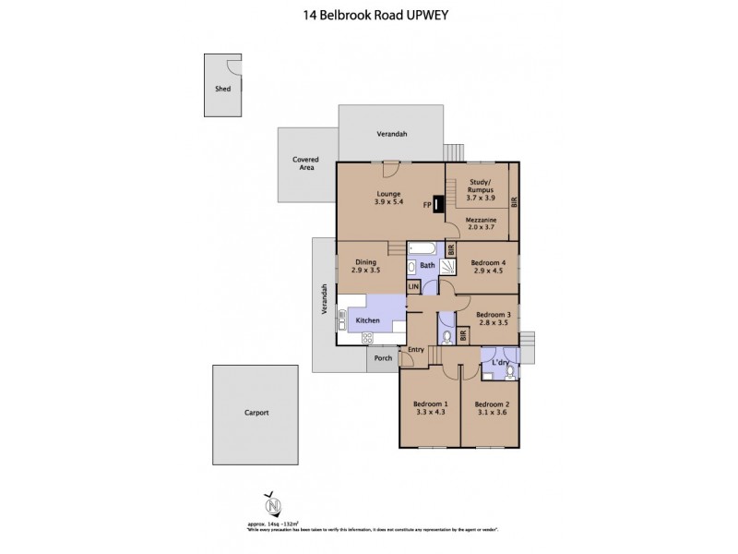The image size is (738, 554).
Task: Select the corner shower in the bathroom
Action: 447,267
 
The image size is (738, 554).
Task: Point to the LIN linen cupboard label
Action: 413,287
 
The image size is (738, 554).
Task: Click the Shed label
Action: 222,90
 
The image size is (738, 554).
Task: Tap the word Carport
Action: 256,413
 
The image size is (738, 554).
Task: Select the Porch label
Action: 383,358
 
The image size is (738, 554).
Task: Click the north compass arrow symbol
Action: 272,505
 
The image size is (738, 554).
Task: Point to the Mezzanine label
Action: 482,219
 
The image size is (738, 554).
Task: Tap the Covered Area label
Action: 306,164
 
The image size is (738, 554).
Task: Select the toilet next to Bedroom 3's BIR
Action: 447,336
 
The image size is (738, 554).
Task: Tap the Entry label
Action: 416,349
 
